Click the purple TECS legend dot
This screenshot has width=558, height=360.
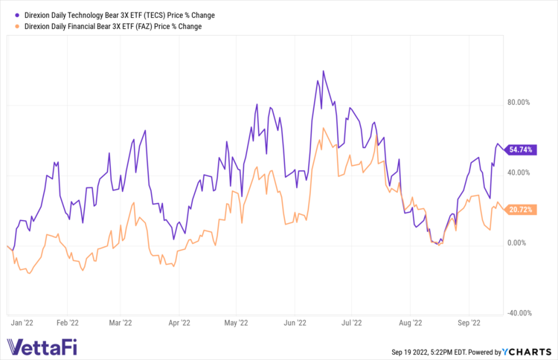click(x=16, y=15)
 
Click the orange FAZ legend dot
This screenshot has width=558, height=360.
click(x=16, y=26)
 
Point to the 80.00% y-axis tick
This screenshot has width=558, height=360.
click(x=519, y=103)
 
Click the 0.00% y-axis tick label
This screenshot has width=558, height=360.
click(x=520, y=243)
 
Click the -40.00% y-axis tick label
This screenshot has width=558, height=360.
click(x=519, y=313)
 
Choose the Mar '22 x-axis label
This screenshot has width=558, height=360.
click(x=121, y=324)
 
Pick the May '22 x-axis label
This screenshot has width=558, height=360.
click(x=235, y=324)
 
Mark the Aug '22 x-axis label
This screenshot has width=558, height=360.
click(x=410, y=324)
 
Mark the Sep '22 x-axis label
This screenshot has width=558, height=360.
click(x=469, y=324)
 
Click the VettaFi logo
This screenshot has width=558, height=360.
click(x=41, y=347)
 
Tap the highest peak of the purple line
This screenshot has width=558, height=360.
click(x=323, y=71)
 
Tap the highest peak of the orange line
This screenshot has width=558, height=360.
click(x=324, y=128)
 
